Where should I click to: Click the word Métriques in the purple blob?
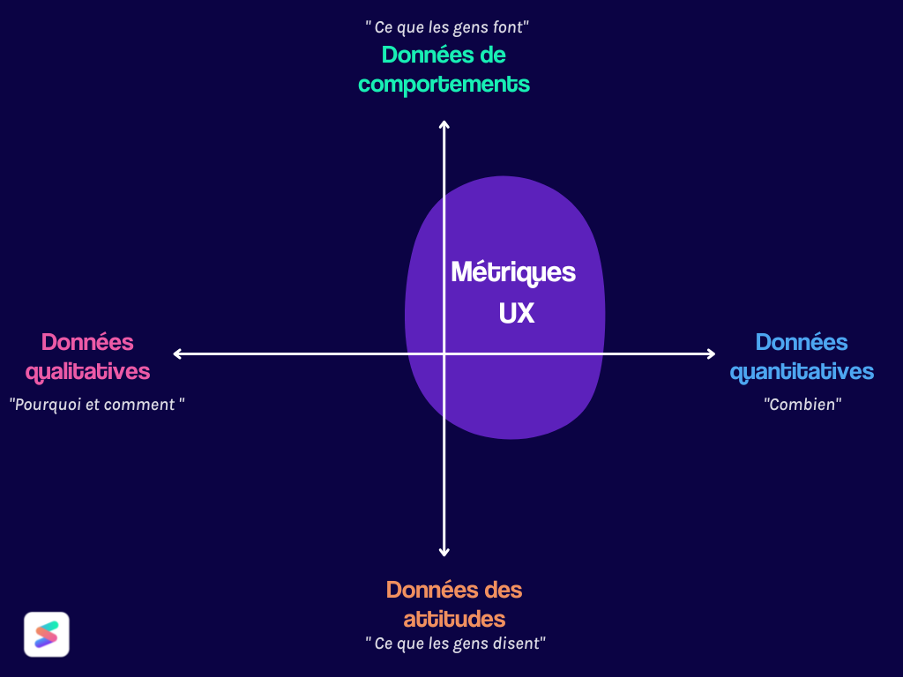[x=512, y=272]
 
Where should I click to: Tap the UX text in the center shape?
[x=516, y=313]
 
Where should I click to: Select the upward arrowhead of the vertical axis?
[x=444, y=124]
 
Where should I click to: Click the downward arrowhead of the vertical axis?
[x=444, y=551]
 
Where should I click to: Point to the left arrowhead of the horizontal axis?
[x=178, y=354]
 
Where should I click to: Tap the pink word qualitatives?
[x=88, y=371]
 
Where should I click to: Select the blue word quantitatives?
[x=802, y=371]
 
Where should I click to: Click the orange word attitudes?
[x=454, y=617]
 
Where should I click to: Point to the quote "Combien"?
[x=802, y=405]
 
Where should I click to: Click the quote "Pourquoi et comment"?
[x=97, y=405]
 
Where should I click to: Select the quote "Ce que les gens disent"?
[x=455, y=644]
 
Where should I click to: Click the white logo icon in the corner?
[x=47, y=635]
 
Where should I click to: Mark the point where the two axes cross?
[x=444, y=354]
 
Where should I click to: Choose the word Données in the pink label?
[x=87, y=342]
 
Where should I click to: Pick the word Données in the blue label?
[x=802, y=342]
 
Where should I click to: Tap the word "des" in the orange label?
[x=503, y=589]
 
